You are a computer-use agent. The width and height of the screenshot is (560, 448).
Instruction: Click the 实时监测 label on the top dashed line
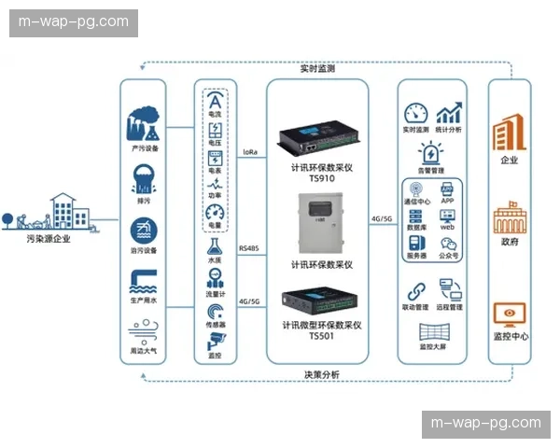318,68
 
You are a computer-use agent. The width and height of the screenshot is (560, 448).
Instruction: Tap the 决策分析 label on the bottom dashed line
321,374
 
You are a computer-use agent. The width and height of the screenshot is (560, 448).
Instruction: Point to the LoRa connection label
250,151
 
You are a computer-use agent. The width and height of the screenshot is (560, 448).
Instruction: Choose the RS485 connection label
249,248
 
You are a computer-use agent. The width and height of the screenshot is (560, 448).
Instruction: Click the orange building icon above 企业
509,135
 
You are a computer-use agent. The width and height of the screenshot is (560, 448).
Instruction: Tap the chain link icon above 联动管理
415,290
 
